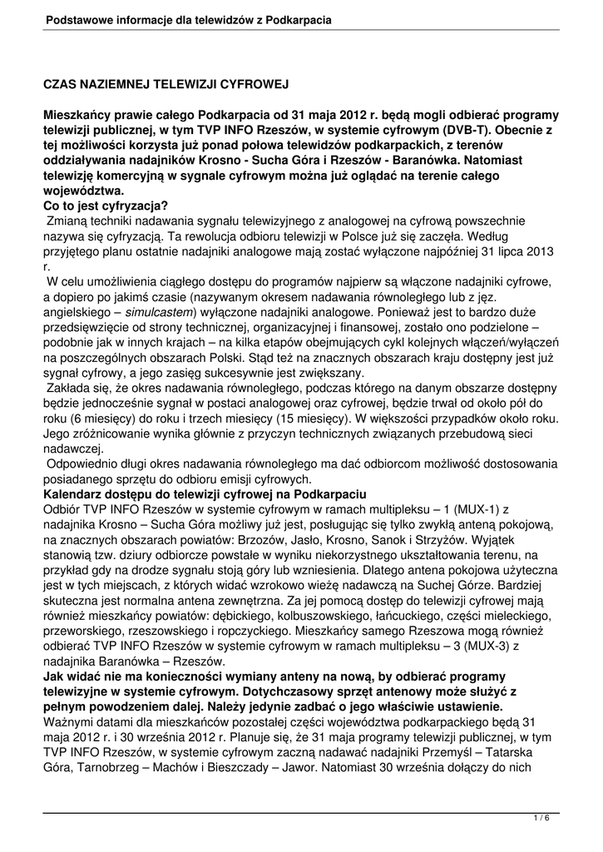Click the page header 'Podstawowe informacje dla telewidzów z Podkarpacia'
190,18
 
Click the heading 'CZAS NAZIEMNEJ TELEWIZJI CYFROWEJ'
166,85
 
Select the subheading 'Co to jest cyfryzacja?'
106,206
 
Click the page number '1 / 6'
541,819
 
